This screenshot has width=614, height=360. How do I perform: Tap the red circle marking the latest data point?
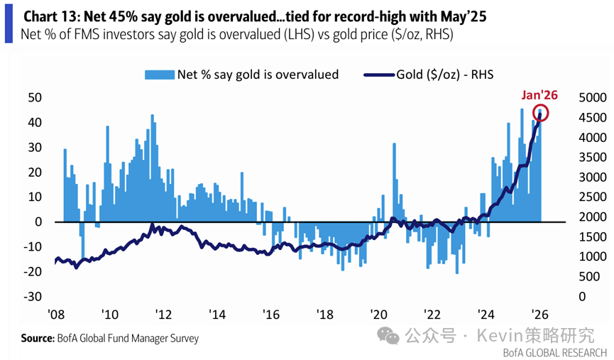point(542,113)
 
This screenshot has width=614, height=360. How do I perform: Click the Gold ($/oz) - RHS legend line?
point(378,73)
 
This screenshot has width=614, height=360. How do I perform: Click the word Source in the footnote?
point(38,339)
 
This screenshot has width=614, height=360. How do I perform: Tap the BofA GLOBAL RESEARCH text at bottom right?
point(554,351)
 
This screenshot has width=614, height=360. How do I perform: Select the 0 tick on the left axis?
point(39,222)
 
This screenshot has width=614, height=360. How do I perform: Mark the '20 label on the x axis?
point(379,315)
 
